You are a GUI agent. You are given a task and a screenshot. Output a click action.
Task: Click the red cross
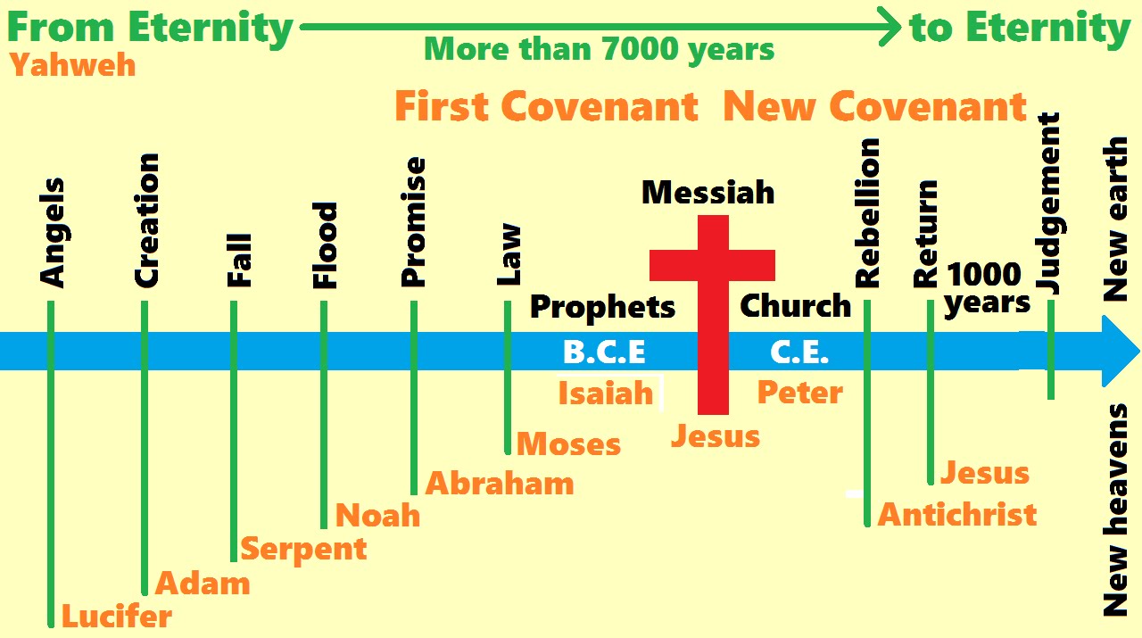(713, 312)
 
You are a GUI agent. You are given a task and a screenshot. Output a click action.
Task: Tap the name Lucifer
(116, 616)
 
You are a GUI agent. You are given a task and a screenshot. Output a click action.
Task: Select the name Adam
(203, 584)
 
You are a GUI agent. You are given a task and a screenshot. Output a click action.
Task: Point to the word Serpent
(303, 549)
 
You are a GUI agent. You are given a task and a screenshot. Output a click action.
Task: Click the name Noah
(377, 516)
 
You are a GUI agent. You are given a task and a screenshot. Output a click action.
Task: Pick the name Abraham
(500, 484)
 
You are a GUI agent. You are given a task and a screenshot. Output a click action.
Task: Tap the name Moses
(568, 444)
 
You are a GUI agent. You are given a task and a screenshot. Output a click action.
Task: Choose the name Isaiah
(606, 394)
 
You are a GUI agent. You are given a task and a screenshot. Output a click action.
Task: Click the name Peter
(799, 393)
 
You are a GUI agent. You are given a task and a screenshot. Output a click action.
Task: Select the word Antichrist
(957, 515)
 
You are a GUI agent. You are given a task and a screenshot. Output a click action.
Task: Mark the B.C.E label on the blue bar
(604, 352)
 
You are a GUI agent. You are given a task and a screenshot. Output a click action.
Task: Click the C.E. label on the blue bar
(799, 352)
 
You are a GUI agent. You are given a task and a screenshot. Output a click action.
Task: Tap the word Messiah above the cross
(708, 192)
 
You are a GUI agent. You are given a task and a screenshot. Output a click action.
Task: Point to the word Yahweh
(73, 65)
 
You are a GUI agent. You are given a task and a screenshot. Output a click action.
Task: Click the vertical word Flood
(326, 245)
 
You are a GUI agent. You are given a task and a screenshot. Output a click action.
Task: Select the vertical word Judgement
(1049, 203)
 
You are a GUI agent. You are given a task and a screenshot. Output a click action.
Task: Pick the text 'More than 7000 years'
(599, 49)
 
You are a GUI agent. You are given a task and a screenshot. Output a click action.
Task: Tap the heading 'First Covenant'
(546, 107)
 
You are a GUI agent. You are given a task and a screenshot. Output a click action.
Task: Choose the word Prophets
(602, 308)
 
